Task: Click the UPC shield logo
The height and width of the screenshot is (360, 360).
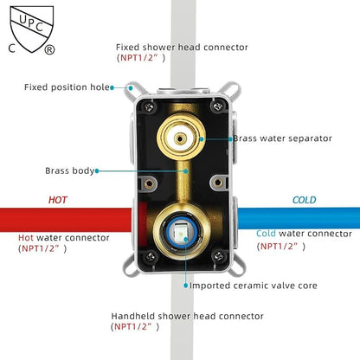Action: coord(32,29)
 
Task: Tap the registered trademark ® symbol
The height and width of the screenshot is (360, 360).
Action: coord(49,49)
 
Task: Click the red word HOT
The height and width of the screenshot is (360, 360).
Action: coord(58,200)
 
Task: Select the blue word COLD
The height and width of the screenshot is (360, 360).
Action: coord(305,200)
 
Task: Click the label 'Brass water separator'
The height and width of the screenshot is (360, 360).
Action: coord(282,138)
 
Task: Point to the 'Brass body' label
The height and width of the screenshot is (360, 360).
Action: coord(70,170)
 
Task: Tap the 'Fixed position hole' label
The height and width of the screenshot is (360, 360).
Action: coord(67,87)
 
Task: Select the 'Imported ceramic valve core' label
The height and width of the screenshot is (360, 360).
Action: coord(254,286)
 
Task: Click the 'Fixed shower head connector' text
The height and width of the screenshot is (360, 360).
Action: coord(182,47)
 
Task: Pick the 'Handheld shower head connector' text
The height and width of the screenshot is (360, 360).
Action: coord(187,316)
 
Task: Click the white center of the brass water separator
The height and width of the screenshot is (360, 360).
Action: coord(180,138)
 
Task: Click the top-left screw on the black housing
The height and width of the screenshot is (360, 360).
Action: coord(149,107)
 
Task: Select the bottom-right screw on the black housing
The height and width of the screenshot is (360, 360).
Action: coord(218,255)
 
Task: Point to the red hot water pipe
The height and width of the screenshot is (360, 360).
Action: coord(66,219)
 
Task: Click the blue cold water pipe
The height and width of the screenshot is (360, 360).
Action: coord(299,217)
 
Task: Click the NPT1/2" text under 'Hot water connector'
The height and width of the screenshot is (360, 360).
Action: coord(42,248)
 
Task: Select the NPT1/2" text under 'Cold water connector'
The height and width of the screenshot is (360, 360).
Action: coord(281,247)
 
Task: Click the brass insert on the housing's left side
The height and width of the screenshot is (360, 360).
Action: coord(149,183)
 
